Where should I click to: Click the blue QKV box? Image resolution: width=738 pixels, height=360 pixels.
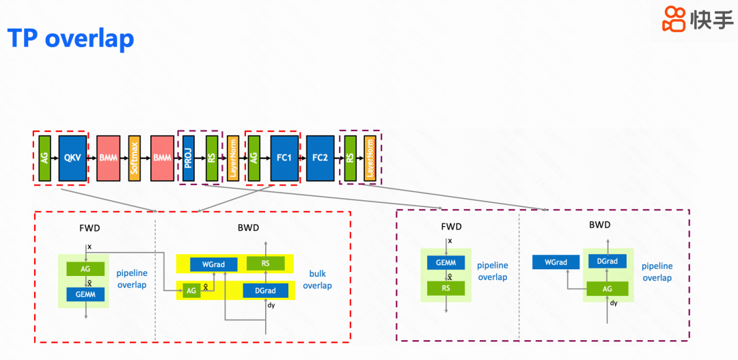(x=72, y=158)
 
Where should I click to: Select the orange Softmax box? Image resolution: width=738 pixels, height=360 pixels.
(x=135, y=158)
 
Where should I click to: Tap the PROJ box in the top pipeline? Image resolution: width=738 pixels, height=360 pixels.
(x=188, y=158)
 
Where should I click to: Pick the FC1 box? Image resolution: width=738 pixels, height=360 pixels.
(x=284, y=158)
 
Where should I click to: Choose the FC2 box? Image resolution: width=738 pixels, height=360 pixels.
(x=320, y=158)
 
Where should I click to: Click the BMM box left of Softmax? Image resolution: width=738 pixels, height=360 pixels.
(x=108, y=158)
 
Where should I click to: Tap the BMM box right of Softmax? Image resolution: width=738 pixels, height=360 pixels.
(x=163, y=158)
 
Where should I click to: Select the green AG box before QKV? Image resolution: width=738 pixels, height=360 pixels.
(x=44, y=158)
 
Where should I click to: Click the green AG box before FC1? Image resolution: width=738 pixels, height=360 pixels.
(x=254, y=158)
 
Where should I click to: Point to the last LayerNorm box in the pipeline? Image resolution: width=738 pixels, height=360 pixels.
(x=370, y=158)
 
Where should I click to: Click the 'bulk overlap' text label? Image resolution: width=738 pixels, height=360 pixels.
(x=317, y=280)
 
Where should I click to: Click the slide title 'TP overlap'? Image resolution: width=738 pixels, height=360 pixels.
(x=70, y=38)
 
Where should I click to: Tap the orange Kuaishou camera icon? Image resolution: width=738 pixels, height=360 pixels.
(x=674, y=20)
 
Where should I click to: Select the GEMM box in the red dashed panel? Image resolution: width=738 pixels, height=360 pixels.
(x=85, y=294)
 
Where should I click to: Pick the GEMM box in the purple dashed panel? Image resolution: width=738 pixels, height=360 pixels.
(x=446, y=263)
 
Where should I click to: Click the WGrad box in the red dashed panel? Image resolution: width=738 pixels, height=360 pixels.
(x=213, y=264)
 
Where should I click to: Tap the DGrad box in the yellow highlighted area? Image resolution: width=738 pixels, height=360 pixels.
(x=265, y=291)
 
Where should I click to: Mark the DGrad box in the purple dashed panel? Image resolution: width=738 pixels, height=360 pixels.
(x=607, y=262)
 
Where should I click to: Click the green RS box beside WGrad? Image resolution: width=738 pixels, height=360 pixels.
(x=265, y=264)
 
